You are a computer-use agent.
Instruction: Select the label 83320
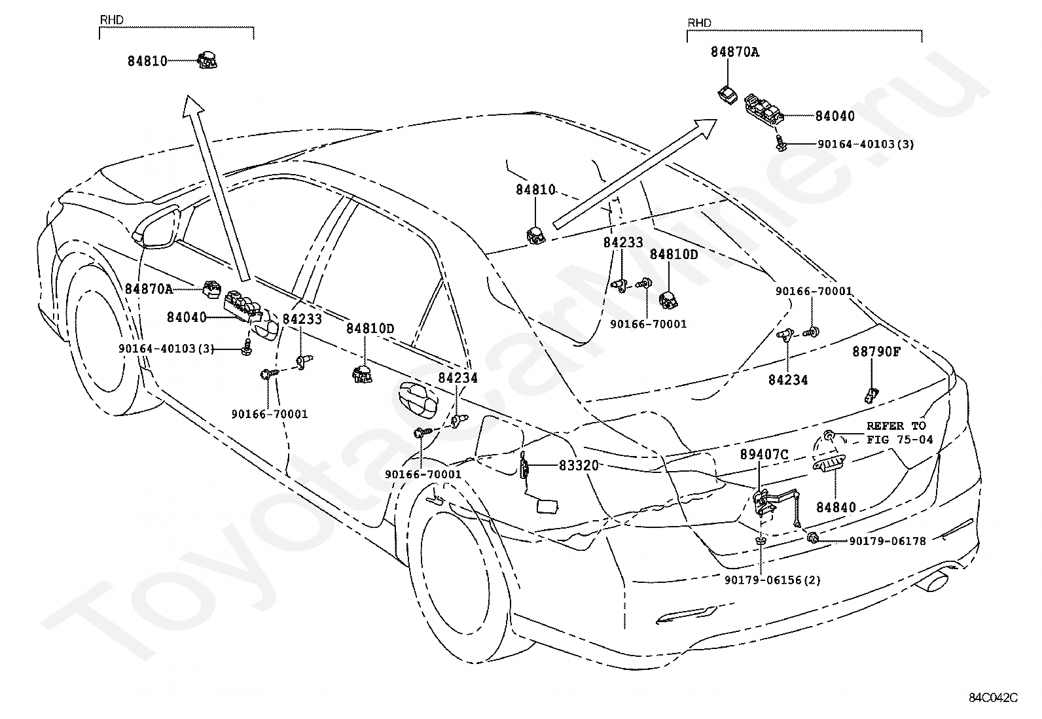(579, 466)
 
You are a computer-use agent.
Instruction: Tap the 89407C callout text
(764, 455)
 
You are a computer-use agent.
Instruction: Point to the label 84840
(836, 508)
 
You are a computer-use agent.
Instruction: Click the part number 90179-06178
(888, 541)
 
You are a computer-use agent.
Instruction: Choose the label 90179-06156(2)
(772, 580)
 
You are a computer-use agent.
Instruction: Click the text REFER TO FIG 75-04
(900, 432)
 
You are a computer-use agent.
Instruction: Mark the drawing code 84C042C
(993, 698)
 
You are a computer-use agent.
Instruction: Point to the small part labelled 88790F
(871, 395)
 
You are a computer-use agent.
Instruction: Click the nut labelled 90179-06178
(813, 538)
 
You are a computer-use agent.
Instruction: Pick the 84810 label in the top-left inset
(147, 61)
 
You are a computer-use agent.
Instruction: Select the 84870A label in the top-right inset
(734, 52)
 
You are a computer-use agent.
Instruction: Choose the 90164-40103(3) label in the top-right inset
(866, 145)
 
